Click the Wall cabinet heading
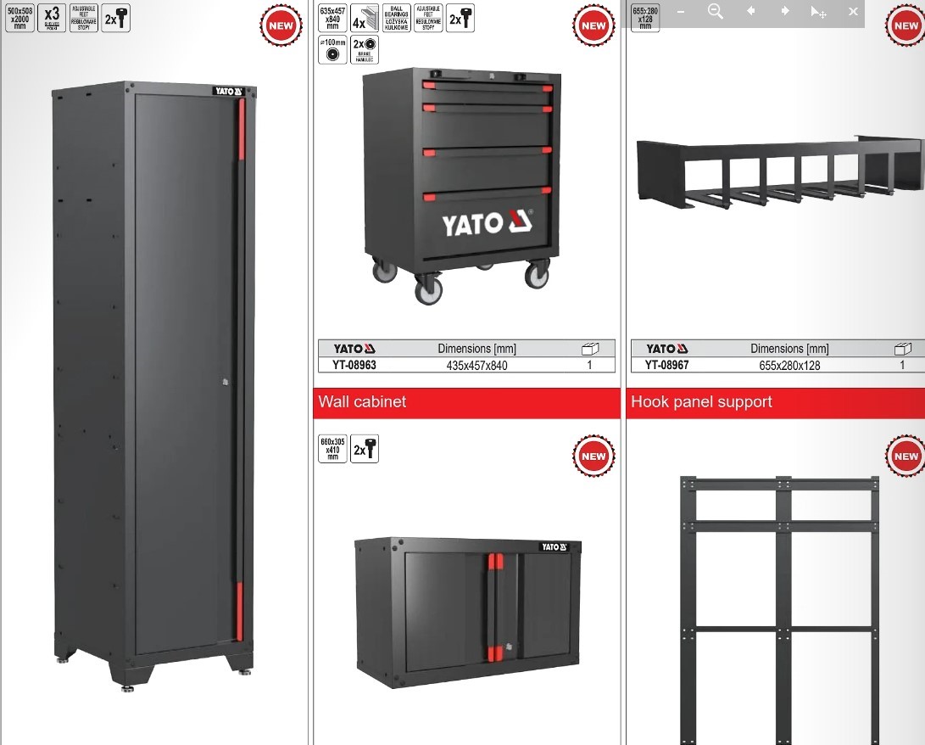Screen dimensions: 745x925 pyautogui.click(x=362, y=401)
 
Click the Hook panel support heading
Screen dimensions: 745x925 pyautogui.click(x=701, y=401)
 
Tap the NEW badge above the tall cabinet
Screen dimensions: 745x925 pyautogui.click(x=280, y=25)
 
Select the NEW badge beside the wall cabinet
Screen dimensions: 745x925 pyautogui.click(x=593, y=456)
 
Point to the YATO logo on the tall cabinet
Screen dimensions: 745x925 pyautogui.click(x=228, y=92)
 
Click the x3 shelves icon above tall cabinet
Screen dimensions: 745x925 pyautogui.click(x=53, y=18)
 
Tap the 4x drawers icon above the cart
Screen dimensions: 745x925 pyautogui.click(x=359, y=18)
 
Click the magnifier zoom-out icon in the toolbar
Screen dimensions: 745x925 pyautogui.click(x=716, y=12)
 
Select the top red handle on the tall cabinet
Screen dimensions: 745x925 pyautogui.click(x=241, y=128)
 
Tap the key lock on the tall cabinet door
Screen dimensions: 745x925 pyautogui.click(x=223, y=383)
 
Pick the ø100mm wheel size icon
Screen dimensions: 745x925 pyautogui.click(x=332, y=50)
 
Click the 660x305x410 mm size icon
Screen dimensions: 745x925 pyautogui.click(x=332, y=449)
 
